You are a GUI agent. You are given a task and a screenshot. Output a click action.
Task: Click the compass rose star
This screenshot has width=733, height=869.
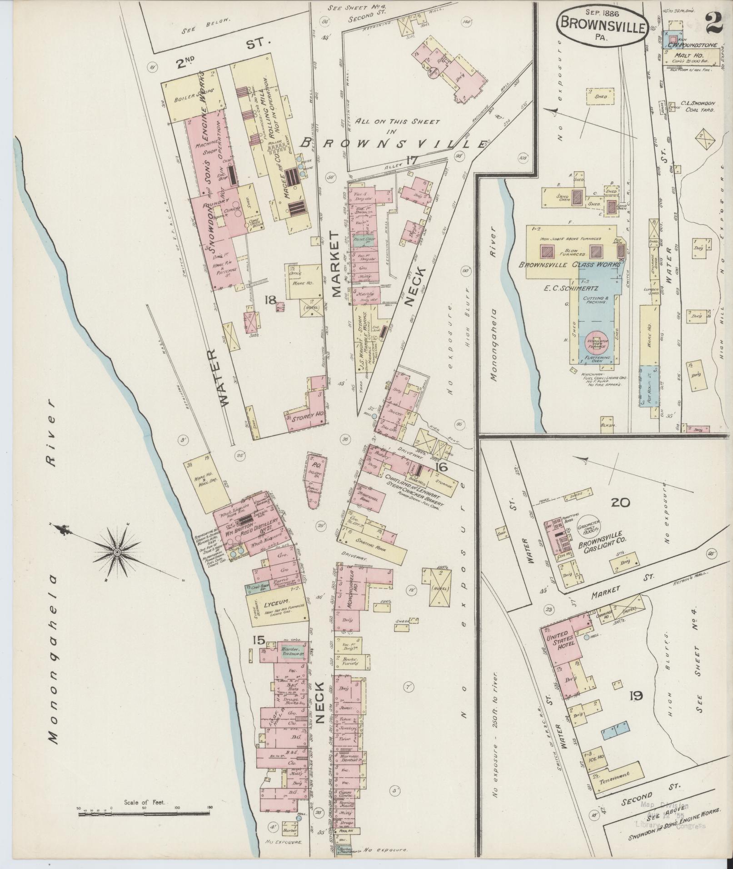(117, 551)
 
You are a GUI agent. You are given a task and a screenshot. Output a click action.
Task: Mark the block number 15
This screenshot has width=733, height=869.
(259, 640)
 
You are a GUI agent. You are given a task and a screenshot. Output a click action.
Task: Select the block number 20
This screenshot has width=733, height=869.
(620, 502)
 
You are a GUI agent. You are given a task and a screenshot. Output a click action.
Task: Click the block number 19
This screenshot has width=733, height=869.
(636, 695)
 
